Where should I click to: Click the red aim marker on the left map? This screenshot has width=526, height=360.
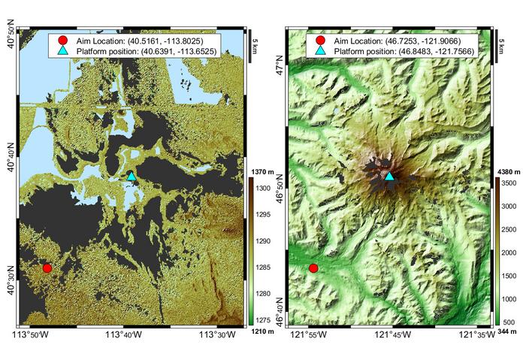click(x=47, y=268)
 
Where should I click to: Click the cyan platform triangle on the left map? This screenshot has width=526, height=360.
click(x=131, y=176)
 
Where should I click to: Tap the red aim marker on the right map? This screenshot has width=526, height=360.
click(x=313, y=268)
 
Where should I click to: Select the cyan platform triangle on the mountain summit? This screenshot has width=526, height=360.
click(x=389, y=176)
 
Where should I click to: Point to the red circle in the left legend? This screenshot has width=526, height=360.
click(x=62, y=40)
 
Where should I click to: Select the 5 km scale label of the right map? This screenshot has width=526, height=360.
click(x=502, y=43)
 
